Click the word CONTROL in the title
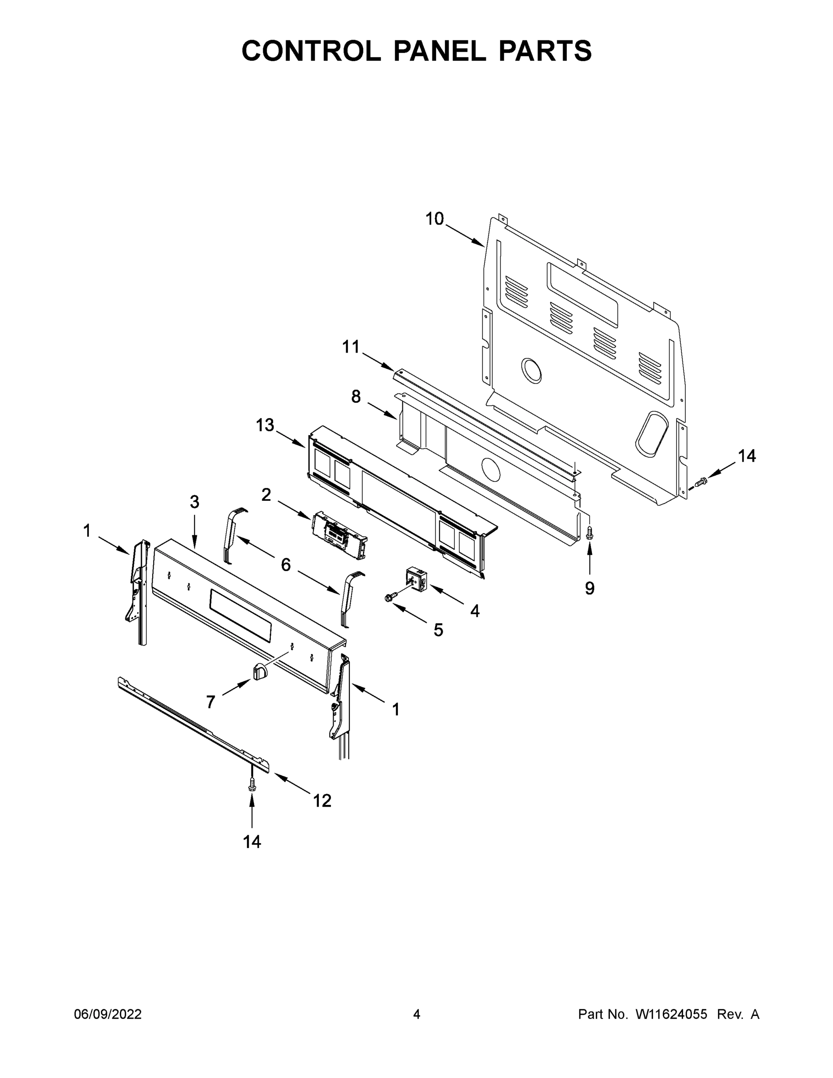coord(311,51)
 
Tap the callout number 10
coord(435,219)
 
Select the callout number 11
coord(351,347)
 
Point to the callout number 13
coord(265,425)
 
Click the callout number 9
coord(590,588)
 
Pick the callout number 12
coord(322,800)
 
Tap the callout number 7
coord(211,702)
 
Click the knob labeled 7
coord(260,672)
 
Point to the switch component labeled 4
coord(415,579)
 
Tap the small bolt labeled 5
coord(389,598)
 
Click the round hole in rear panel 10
coord(532,370)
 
